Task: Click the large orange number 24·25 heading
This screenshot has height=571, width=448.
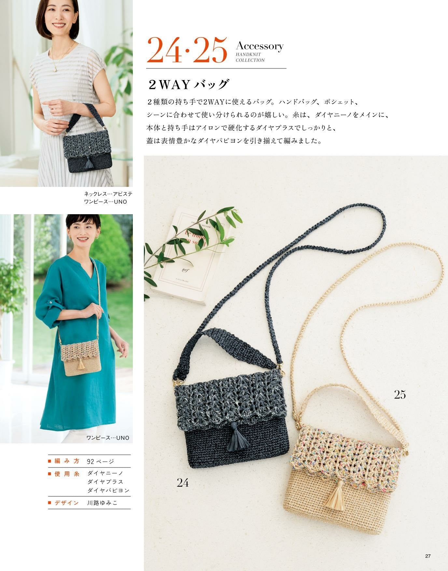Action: click(x=187, y=50)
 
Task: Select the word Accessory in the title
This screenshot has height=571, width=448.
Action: click(x=259, y=46)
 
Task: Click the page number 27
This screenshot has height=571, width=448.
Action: click(x=428, y=556)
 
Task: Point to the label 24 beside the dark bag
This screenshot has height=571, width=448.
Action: click(x=183, y=482)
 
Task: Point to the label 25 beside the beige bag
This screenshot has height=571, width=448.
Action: click(x=400, y=395)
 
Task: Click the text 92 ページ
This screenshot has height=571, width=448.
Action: click(x=101, y=461)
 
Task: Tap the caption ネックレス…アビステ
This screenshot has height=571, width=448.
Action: click(x=108, y=194)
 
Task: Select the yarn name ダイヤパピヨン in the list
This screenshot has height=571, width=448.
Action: click(x=108, y=490)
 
